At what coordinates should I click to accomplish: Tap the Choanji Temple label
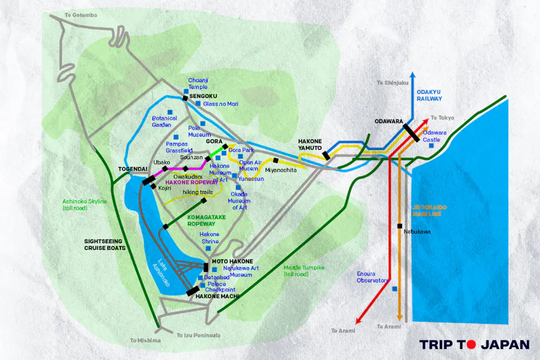(x=197, y=84)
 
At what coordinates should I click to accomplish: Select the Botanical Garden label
(x=164, y=121)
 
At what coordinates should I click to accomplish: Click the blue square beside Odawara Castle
(x=431, y=146)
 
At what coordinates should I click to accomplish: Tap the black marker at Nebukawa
(x=399, y=226)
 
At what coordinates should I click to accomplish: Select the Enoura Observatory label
(x=372, y=277)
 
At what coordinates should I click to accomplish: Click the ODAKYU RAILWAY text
(x=430, y=95)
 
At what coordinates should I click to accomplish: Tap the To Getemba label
(x=81, y=15)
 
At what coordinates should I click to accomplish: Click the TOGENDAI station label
(x=133, y=169)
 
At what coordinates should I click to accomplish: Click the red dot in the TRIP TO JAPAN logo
(x=471, y=344)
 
